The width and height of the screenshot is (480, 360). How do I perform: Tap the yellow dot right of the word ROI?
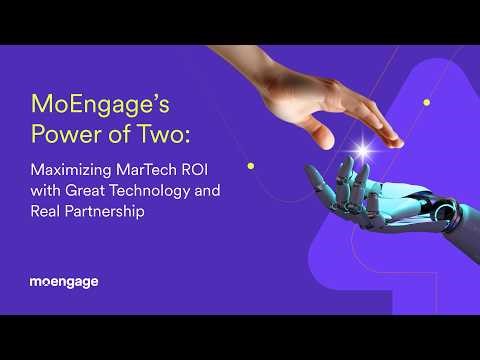click(x=250, y=165)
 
